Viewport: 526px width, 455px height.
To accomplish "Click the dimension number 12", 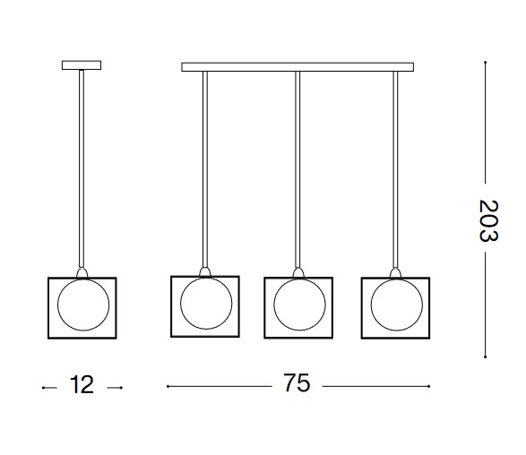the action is [82, 384].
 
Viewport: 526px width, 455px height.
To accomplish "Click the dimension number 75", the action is [297, 382].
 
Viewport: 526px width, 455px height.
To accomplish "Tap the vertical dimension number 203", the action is [488, 220].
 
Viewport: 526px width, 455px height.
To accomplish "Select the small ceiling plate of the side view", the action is [82, 65].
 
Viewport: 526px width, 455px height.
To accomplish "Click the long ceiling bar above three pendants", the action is [297, 66].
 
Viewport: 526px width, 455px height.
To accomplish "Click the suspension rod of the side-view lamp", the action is [82, 168].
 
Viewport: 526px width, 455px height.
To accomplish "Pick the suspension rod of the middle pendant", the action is [297, 169].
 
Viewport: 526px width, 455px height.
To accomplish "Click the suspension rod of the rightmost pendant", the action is [395, 169].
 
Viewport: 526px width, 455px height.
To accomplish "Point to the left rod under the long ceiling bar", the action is [205, 169].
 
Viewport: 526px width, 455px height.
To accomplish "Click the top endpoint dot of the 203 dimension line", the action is [486, 63].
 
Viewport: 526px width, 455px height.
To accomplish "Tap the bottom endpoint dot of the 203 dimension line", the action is [486, 356].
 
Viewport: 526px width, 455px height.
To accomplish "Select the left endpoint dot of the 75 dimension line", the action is [168, 386].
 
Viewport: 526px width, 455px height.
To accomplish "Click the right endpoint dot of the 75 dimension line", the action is [428, 386].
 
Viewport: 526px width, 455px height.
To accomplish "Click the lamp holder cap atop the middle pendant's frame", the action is [297, 272].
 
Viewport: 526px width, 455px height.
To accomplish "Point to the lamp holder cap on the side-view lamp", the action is [82, 272].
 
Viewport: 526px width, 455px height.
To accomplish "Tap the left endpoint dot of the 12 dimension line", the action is [43, 388].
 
